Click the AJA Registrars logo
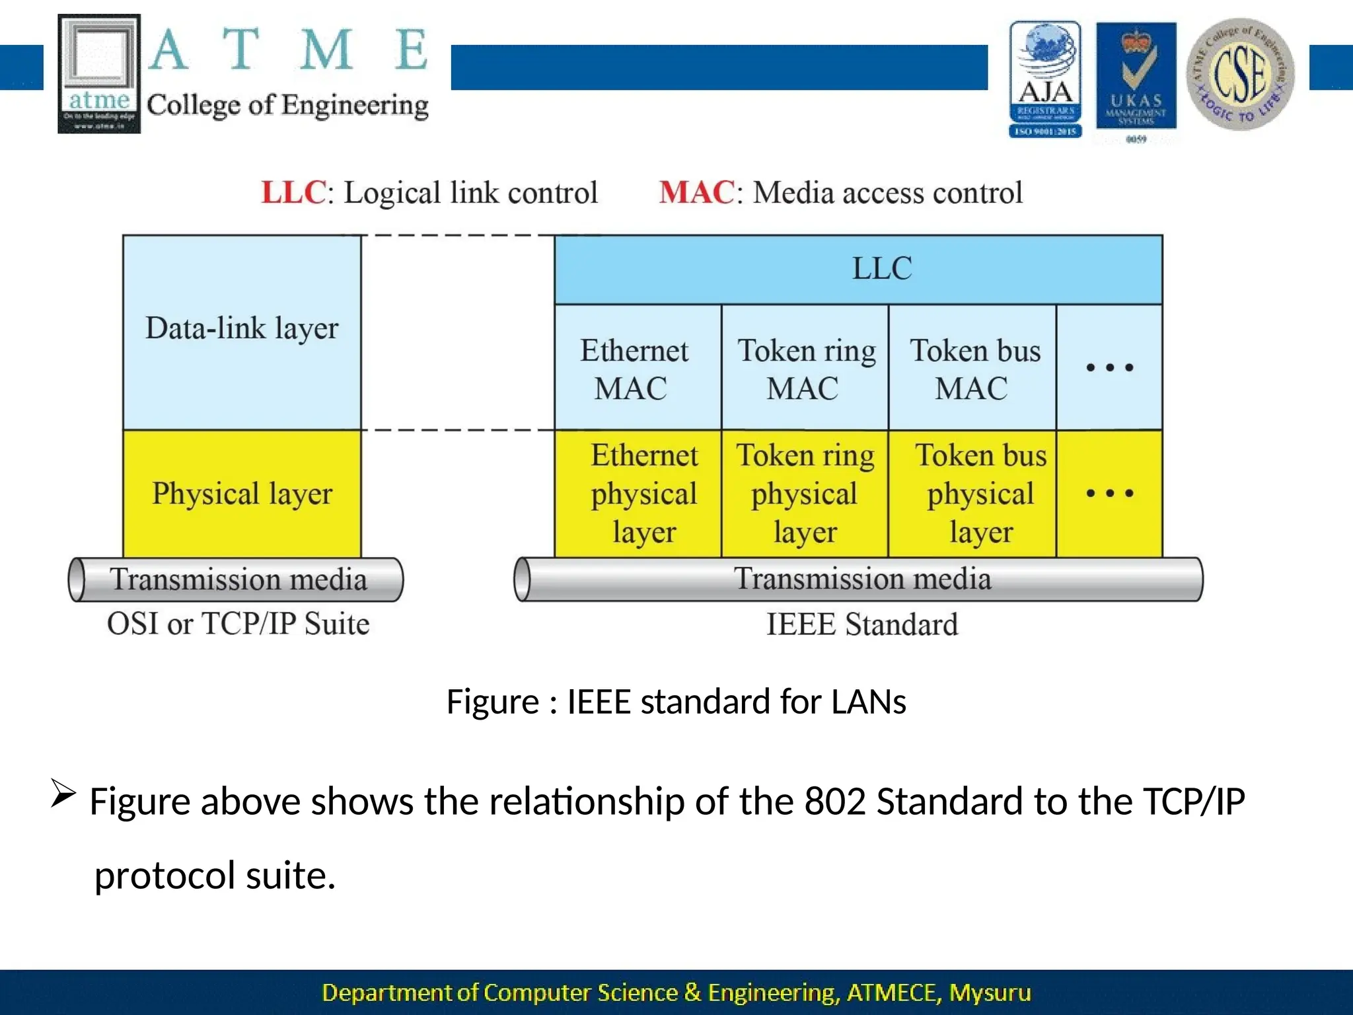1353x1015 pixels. (x=1045, y=79)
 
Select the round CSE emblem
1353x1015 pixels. (x=1240, y=74)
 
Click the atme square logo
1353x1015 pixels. (x=99, y=74)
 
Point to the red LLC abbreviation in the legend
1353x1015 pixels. (x=293, y=193)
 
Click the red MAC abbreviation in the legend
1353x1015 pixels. (x=696, y=193)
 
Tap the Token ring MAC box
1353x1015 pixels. (x=805, y=368)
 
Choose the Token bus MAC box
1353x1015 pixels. (x=972, y=368)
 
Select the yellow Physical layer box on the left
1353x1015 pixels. (x=242, y=494)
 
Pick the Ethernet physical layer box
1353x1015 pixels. (x=638, y=494)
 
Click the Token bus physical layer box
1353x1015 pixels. (x=972, y=494)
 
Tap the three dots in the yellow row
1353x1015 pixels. (x=1110, y=494)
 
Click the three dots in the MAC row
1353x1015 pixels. (x=1110, y=367)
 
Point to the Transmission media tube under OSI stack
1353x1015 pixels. (x=237, y=580)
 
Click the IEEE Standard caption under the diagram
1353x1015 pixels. (x=861, y=624)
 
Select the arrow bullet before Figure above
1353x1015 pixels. (x=63, y=793)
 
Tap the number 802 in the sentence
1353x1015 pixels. (x=835, y=802)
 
